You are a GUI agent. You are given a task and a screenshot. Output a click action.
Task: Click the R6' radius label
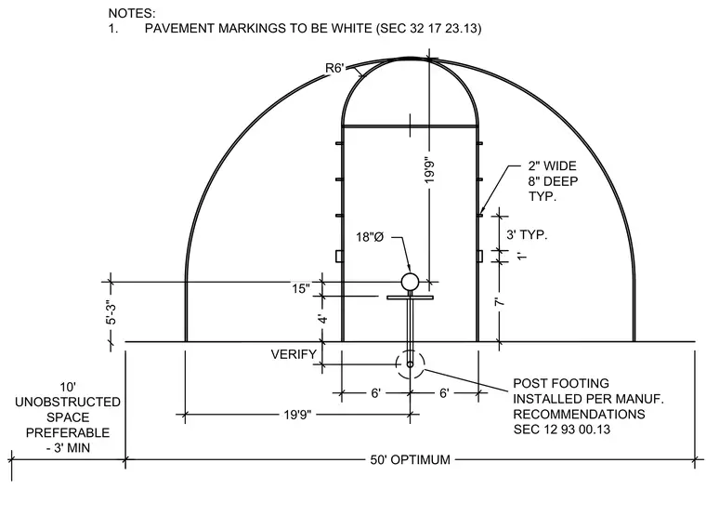[x=334, y=68]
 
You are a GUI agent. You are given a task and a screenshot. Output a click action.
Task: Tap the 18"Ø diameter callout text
[x=370, y=237]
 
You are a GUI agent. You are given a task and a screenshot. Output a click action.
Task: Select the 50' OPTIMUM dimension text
[x=411, y=459]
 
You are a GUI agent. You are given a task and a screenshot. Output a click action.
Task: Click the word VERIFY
[x=294, y=354]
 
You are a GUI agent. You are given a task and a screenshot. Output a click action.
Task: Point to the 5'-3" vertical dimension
[x=111, y=312]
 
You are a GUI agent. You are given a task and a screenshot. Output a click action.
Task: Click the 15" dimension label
[x=301, y=288]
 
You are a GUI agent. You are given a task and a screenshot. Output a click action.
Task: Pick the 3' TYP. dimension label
[x=527, y=235]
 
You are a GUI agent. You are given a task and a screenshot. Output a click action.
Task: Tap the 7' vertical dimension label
[x=500, y=301]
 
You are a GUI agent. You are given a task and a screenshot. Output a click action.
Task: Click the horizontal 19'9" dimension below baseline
[x=297, y=414]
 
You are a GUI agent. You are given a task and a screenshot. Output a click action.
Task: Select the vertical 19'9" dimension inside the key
[x=429, y=171]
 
